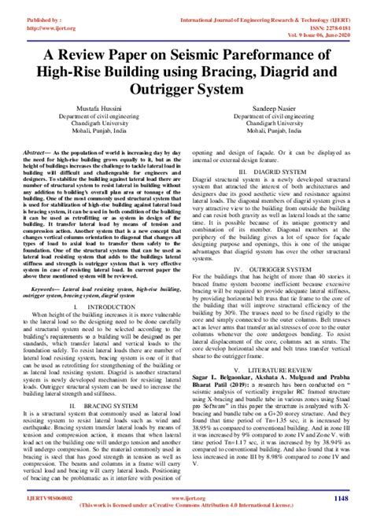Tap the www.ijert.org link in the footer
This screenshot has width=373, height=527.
(186, 497)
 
